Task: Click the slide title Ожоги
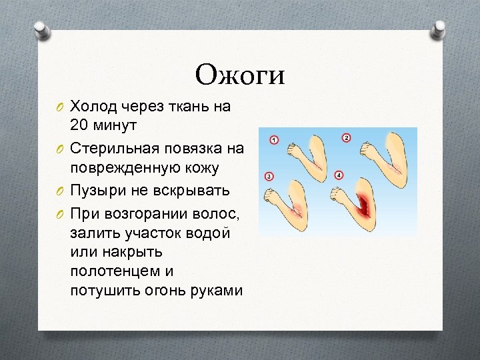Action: [240, 74]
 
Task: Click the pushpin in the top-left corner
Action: [40, 29]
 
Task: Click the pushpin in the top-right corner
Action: [441, 29]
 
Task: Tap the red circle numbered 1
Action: [273, 140]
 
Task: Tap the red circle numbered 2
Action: [346, 137]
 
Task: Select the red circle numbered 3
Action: [268, 177]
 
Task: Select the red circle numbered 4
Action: [339, 175]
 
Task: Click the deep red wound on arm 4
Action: [366, 203]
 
